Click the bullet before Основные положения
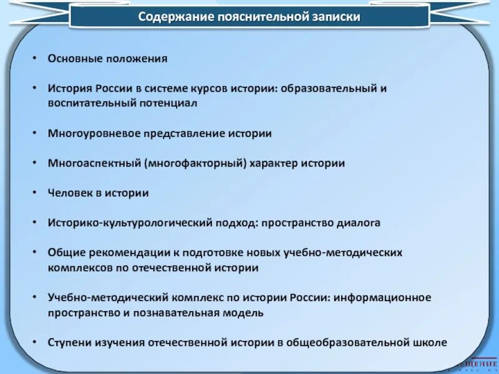click(36, 59)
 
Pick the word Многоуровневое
click(87, 133)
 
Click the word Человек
click(69, 193)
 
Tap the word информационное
click(381, 297)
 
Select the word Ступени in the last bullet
click(69, 342)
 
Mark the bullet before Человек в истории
click(36, 193)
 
